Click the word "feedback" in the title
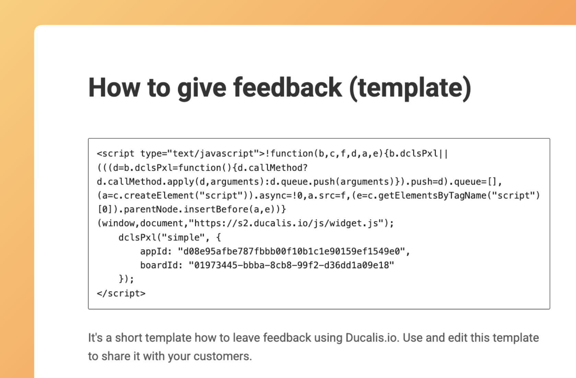(x=287, y=88)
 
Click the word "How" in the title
(x=114, y=88)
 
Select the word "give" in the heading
(x=202, y=89)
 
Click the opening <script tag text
(x=116, y=153)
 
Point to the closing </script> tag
(x=121, y=293)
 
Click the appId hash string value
(x=292, y=251)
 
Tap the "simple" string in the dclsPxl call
(x=183, y=237)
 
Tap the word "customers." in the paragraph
(x=223, y=356)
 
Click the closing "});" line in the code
(x=126, y=279)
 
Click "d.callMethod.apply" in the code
(x=145, y=182)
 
